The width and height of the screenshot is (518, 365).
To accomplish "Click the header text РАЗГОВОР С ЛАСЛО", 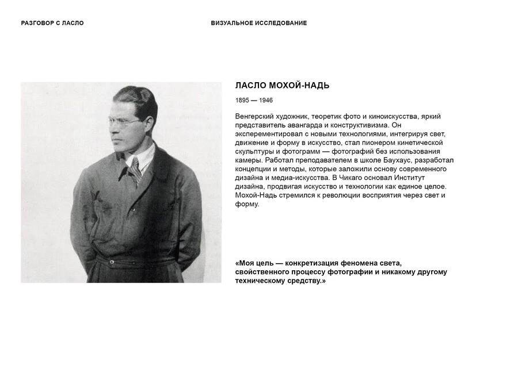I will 52,23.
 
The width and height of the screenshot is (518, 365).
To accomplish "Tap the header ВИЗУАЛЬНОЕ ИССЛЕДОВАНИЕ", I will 258,23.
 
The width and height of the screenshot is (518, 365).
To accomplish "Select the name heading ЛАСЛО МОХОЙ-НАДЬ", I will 282,86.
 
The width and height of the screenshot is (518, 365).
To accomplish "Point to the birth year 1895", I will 243,101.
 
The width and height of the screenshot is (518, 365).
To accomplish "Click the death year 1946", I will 265,101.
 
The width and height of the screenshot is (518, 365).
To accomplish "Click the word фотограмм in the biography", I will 290,151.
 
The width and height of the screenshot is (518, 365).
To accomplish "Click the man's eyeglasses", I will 125,122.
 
